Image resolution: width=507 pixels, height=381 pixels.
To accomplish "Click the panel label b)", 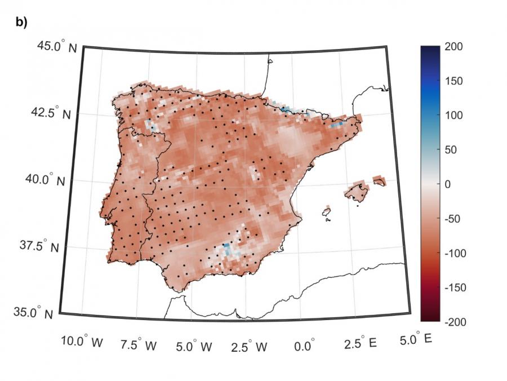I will coord(21,22).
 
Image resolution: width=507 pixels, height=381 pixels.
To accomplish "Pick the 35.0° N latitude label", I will coord(36,313).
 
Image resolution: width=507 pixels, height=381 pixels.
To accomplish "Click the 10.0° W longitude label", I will coord(82,342).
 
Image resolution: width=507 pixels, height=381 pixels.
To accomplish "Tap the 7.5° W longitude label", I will coord(139,344).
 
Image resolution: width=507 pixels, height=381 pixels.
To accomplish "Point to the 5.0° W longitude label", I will coord(194,345).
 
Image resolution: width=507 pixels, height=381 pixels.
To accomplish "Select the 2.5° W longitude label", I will coord(248,345).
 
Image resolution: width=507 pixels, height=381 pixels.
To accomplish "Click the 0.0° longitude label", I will coord(304,344).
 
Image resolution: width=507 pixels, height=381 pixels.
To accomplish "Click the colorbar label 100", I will coord(453,115).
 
